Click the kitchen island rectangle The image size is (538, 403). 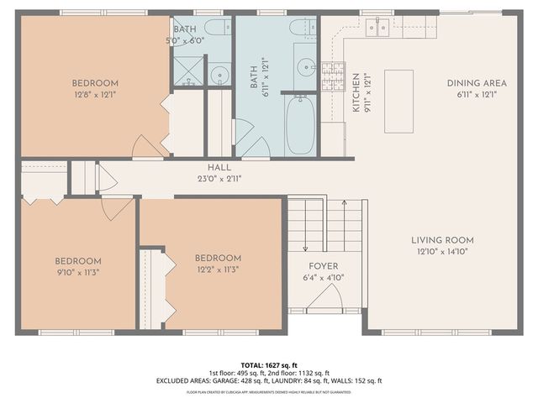[398, 101]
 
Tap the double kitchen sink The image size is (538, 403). [377, 29]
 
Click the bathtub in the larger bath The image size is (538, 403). [299, 126]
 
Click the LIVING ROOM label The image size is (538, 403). [441, 239]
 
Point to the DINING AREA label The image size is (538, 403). [477, 83]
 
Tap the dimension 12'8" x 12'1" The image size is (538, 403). [94, 95]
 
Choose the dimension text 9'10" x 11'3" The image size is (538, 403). [78, 273]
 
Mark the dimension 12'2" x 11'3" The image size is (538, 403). [218, 270]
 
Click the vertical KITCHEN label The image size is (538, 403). [356, 92]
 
